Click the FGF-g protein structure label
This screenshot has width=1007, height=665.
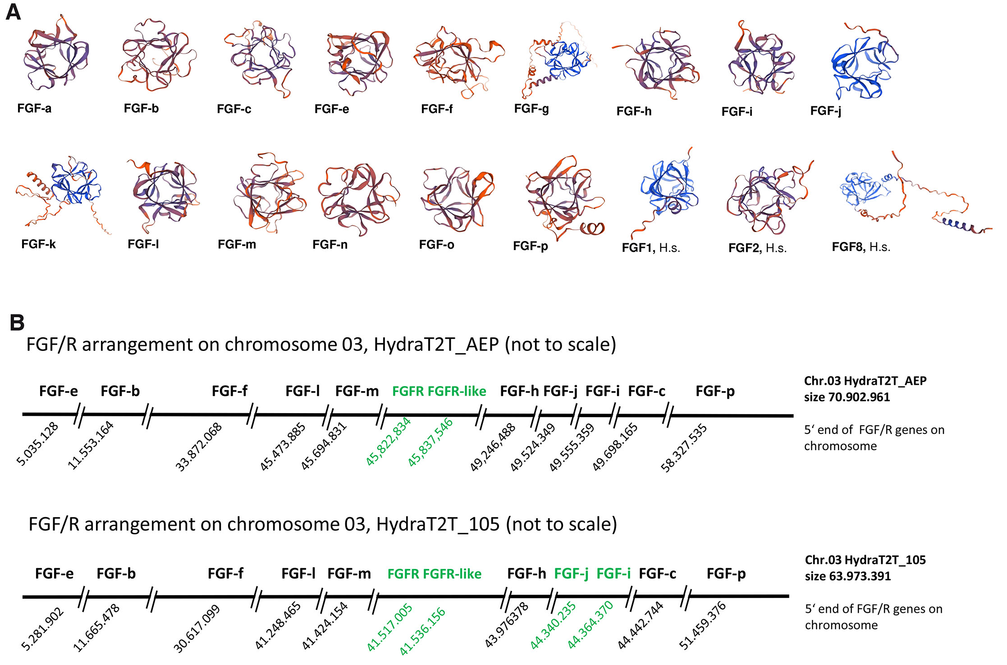531,109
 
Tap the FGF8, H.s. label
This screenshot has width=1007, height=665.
861,247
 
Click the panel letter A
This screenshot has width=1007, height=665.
13,12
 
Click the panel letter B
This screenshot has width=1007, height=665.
17,323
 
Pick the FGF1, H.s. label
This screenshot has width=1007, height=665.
650,248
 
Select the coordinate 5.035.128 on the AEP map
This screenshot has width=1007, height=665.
37,443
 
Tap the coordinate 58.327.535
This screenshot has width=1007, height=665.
683,447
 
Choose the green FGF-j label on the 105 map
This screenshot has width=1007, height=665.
571,574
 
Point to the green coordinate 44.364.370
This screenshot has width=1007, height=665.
590,624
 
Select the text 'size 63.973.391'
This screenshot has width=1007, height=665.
847,576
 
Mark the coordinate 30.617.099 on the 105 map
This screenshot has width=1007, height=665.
197,629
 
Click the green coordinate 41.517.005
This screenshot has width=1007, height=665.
389,627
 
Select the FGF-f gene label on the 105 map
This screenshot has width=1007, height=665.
225,574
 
